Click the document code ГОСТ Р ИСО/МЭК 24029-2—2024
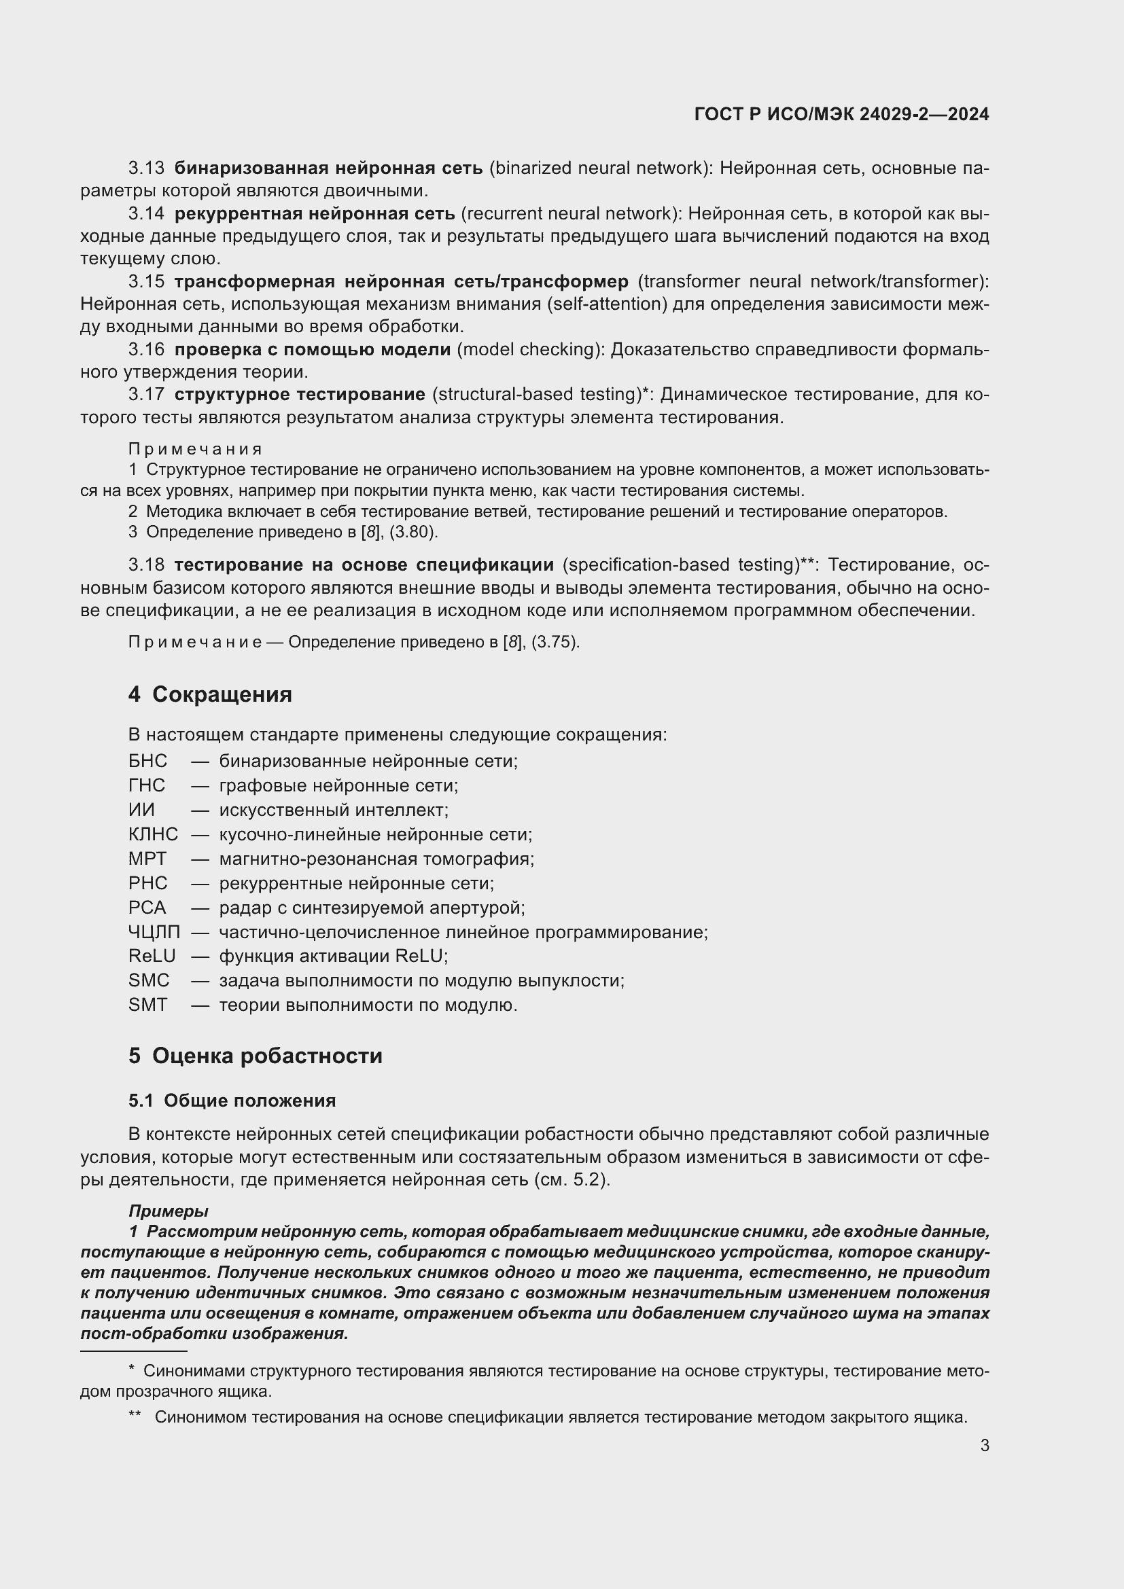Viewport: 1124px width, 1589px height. (841, 114)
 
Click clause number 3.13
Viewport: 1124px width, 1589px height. (146, 168)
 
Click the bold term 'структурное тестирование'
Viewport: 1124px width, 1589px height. (300, 395)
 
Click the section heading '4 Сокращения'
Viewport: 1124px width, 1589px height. (210, 694)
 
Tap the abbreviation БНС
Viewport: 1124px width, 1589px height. (147, 762)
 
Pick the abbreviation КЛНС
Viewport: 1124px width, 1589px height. (153, 835)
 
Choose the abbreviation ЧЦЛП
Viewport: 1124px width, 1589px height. (154, 932)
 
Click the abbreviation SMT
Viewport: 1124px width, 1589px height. (147, 1005)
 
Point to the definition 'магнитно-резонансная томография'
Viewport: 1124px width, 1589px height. (376, 859)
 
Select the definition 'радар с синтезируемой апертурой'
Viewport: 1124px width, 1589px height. (372, 908)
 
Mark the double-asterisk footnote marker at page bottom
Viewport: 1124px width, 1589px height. (135, 1416)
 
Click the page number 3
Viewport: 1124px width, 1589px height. (984, 1446)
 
